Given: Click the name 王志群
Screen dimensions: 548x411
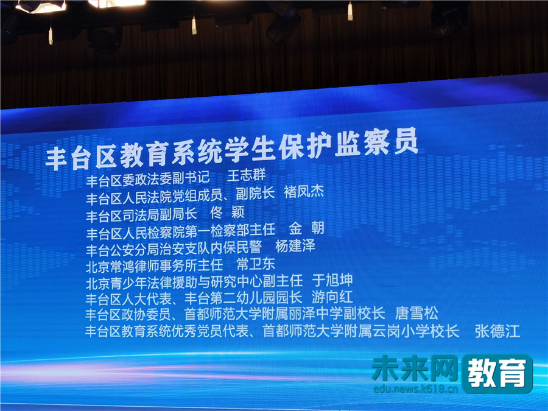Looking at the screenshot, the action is tap(247, 175).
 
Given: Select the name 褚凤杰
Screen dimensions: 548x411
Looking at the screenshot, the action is tap(304, 192).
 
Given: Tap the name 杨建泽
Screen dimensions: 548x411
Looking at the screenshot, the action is tap(295, 246).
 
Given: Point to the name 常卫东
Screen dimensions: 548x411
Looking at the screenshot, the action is tap(256, 264).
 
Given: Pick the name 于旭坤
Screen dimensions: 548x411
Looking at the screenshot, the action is tap(332, 280).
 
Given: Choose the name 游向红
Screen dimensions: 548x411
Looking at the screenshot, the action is tap(332, 297).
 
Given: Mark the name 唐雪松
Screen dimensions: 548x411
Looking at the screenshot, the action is tap(416, 314).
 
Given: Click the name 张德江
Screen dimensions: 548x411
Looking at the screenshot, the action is tap(497, 331).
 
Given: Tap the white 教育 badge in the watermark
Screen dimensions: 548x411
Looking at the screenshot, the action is tap(497, 373).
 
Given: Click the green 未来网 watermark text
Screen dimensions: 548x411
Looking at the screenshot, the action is tap(415, 368).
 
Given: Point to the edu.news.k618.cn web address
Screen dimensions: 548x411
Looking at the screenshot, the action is tap(415, 388).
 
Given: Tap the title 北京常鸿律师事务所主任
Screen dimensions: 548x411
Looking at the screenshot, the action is tap(154, 266).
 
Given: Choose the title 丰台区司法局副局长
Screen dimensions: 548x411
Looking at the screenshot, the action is tap(141, 215).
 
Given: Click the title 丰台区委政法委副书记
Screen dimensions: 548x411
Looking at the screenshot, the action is tap(147, 179).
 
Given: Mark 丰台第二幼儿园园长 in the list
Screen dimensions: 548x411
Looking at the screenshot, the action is tap(243, 298).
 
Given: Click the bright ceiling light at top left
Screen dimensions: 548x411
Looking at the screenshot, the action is tap(41, 6).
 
